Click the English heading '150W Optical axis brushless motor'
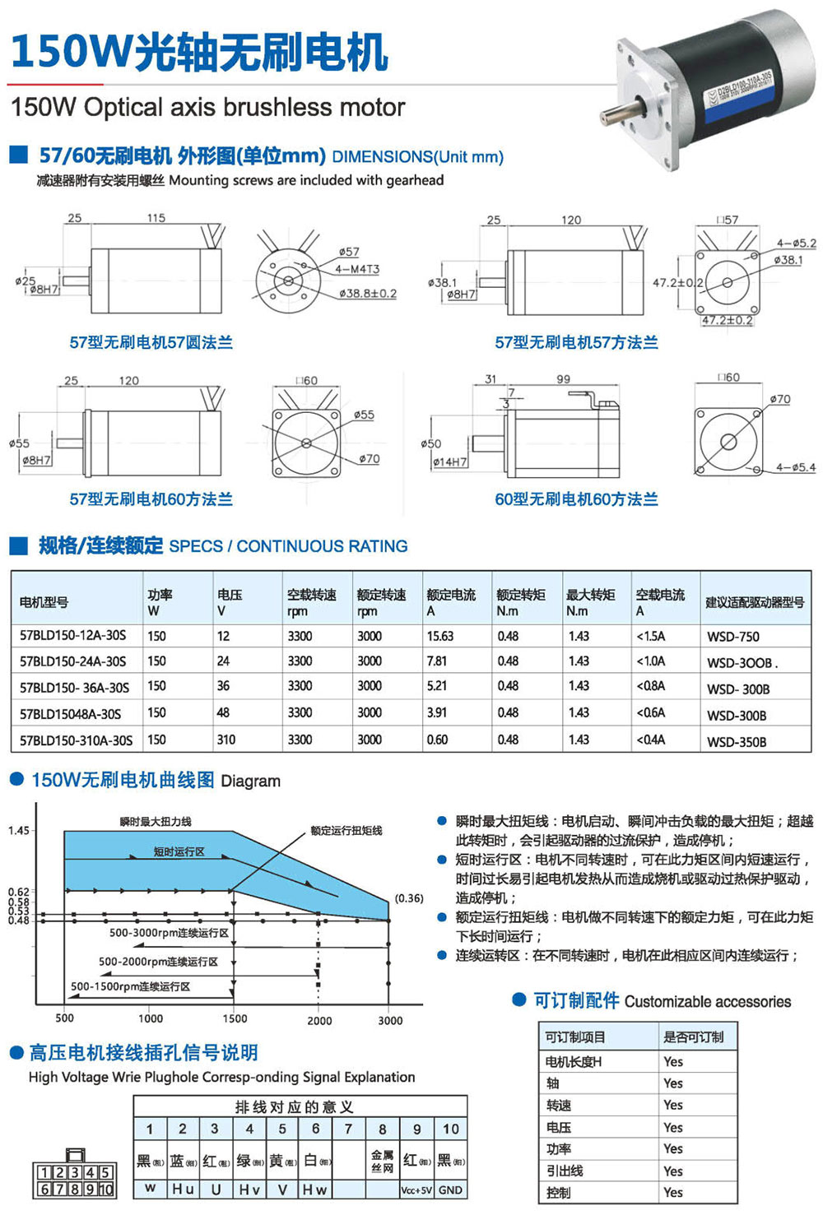pos(207,108)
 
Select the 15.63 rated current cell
pos(439,636)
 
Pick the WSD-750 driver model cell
pos(732,637)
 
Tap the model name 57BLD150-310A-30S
pos(76,740)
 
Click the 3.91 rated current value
pos(437,712)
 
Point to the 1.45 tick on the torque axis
pos(19,831)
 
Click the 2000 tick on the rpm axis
pos(319,1021)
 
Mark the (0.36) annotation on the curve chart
pos(409,898)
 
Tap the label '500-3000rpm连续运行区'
pos(169,933)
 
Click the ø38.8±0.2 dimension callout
pos(368,293)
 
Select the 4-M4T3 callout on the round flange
pos(357,269)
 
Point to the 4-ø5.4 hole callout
pos(795,467)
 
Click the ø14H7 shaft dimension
pos(450,462)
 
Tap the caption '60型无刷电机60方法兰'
pos(576,499)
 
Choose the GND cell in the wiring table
pos(450,1189)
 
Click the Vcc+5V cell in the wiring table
pos(416,1189)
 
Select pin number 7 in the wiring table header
pos(348,1129)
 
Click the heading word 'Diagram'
pos(250,781)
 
